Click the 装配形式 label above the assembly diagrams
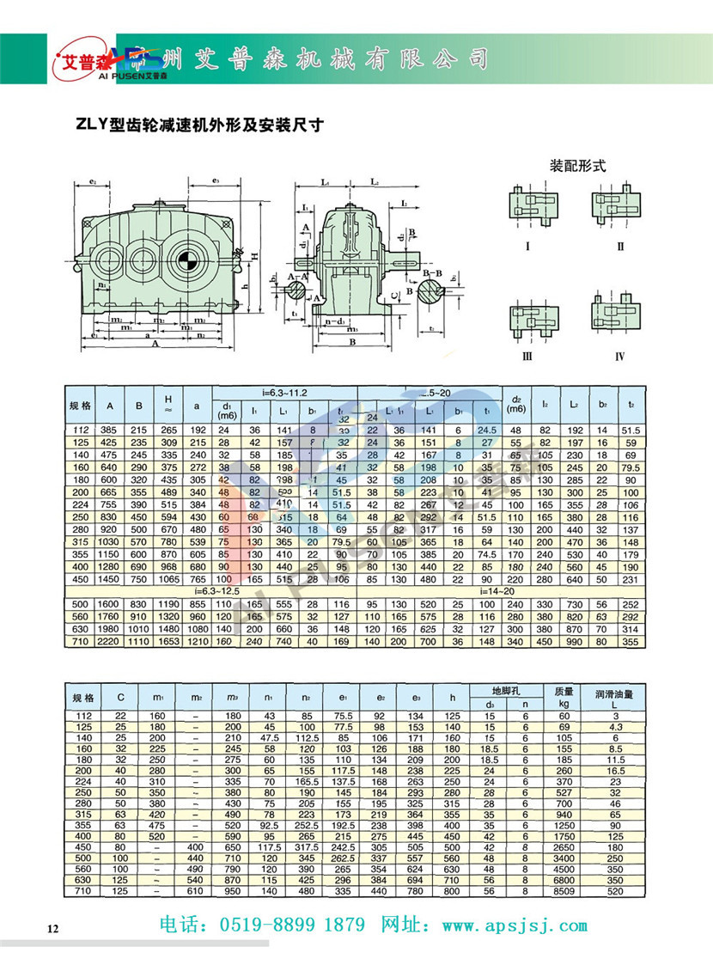pyautogui.click(x=577, y=166)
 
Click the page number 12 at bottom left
pyautogui.click(x=52, y=929)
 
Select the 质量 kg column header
pyautogui.click(x=563, y=696)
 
